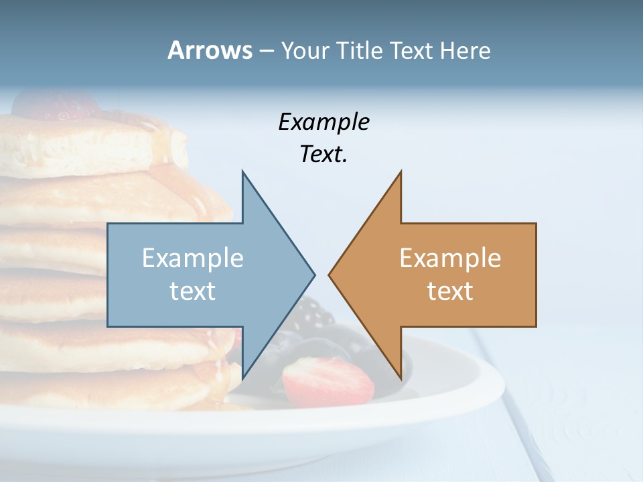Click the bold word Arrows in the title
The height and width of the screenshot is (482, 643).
210,50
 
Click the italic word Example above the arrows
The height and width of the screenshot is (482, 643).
324,122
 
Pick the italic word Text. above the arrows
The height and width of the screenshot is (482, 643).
324,154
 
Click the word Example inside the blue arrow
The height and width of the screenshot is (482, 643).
193,258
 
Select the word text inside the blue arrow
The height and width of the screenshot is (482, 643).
193,291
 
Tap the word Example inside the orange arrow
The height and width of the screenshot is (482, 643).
450,258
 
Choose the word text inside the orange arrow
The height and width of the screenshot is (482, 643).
450,291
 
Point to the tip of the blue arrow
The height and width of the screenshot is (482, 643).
313,274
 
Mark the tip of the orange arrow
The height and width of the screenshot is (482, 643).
330,274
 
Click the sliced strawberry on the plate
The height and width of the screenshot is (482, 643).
327,382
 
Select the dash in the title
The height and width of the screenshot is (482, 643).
266,51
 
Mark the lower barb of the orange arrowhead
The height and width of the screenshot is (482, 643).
401,376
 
